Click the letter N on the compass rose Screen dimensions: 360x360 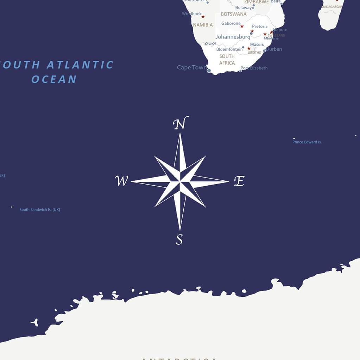point(181,123)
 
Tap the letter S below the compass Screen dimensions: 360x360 point(179,239)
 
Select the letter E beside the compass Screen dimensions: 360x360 point(239,181)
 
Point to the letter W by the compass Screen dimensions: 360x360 point(122,181)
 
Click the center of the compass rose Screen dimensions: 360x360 point(180,181)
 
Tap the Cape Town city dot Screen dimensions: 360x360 point(209,71)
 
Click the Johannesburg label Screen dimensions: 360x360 point(233,37)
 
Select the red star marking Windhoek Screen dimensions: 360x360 point(203,17)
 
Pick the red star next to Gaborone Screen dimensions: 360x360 point(242,26)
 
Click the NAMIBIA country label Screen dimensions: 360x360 point(203,25)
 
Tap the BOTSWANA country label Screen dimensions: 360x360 point(234,14)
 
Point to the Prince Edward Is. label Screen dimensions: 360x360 point(307,142)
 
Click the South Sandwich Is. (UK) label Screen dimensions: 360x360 point(39,210)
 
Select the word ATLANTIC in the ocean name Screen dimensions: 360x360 point(80,65)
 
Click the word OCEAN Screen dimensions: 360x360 point(54,79)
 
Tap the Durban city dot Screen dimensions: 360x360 point(264,51)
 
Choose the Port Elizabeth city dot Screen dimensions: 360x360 point(241,71)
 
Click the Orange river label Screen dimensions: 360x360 point(210,44)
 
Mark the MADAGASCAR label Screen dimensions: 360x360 point(332,7)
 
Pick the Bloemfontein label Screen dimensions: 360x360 point(229,49)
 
